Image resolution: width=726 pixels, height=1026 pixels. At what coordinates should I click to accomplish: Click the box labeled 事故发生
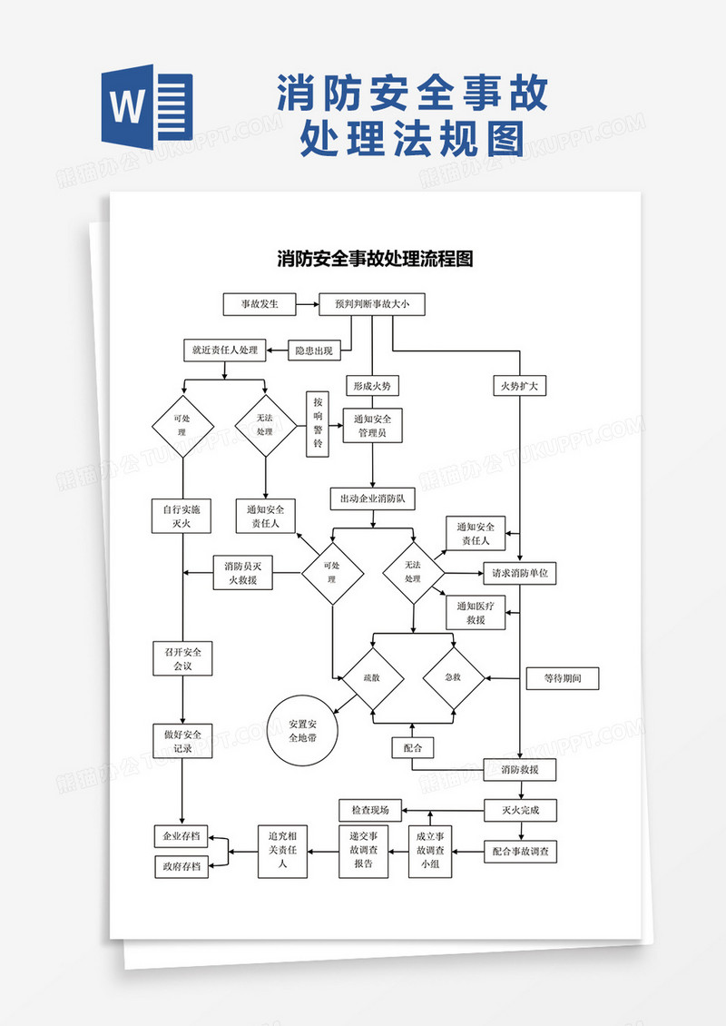[x=260, y=304]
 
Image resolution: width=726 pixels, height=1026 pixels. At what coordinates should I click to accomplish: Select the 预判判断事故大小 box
[x=372, y=304]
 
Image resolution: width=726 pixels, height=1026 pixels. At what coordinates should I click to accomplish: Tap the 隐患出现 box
[x=314, y=350]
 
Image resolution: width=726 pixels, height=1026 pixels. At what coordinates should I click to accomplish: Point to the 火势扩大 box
[x=520, y=386]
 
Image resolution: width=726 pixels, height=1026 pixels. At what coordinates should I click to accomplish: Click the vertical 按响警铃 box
[x=318, y=423]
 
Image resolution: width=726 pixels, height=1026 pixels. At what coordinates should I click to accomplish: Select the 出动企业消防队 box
[x=372, y=498]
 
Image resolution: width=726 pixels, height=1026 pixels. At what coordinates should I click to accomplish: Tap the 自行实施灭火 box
[x=182, y=517]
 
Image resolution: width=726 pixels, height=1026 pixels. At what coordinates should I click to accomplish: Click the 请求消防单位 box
[x=519, y=574]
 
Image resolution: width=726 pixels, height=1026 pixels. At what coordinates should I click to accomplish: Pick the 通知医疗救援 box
[x=476, y=614]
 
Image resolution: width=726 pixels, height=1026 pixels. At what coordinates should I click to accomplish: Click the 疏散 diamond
[x=372, y=678]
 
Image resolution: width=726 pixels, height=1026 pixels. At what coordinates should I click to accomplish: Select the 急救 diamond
[x=453, y=678]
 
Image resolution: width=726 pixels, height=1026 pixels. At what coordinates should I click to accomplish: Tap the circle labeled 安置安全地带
[x=302, y=731]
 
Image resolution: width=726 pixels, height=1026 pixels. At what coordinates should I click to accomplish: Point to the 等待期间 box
[x=563, y=678]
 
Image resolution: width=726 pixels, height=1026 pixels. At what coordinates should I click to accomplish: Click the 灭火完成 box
[x=519, y=809]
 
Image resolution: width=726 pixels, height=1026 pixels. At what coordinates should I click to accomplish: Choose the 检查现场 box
[x=370, y=809]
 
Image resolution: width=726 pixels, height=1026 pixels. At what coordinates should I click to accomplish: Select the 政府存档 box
[x=181, y=866]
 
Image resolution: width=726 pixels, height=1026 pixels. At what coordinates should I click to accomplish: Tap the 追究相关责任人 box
[x=284, y=852]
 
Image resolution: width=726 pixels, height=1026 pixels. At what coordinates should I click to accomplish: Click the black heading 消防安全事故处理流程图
[x=375, y=259]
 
